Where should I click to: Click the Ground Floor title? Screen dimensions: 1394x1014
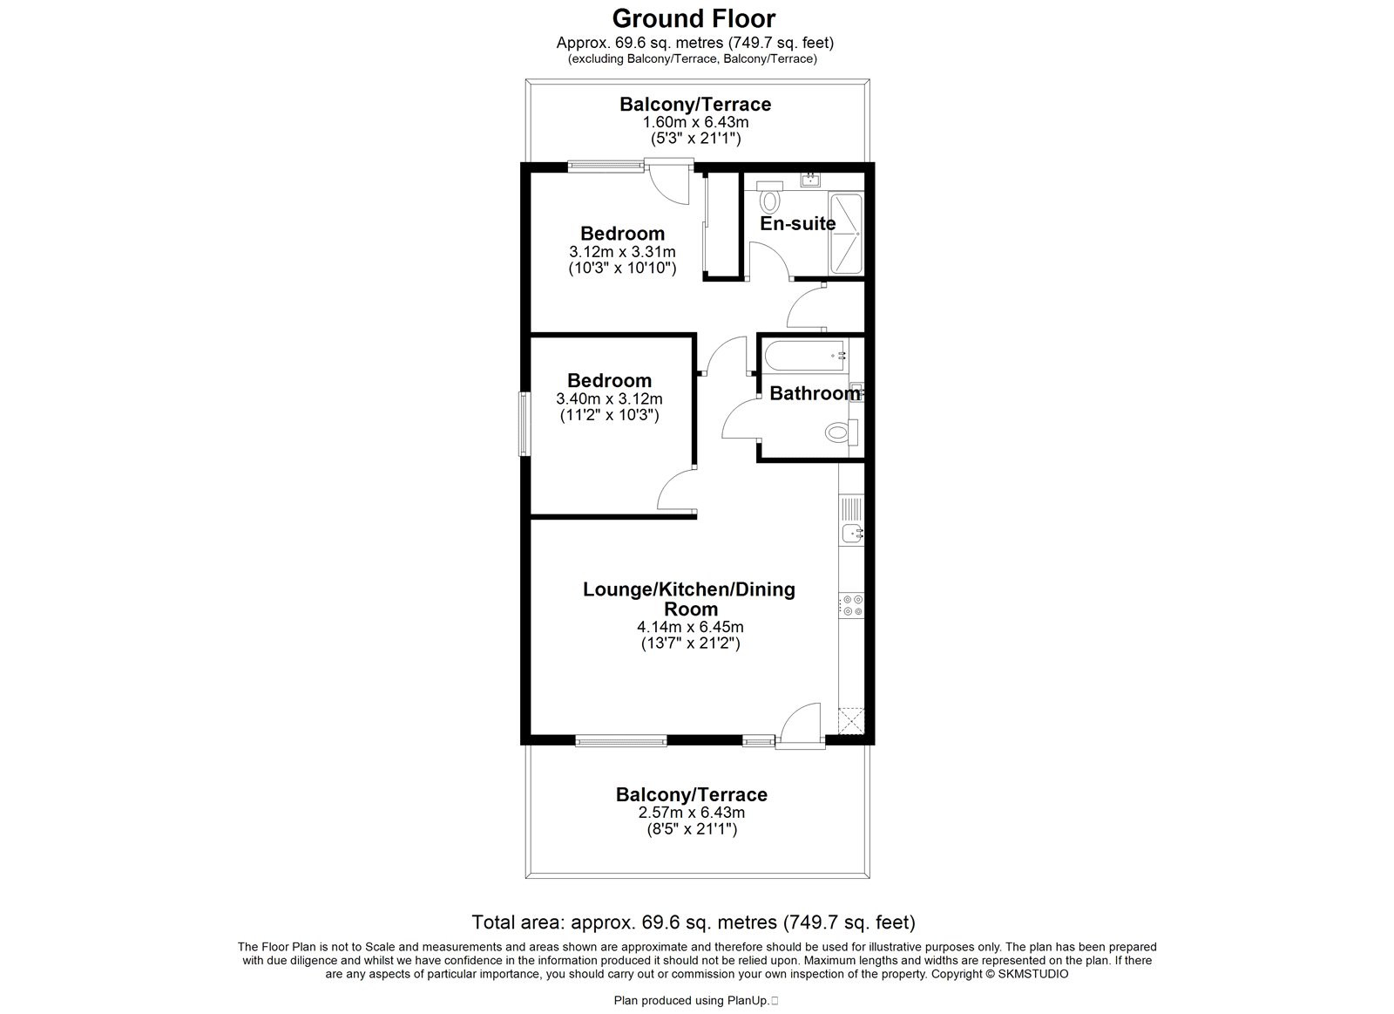coord(694,18)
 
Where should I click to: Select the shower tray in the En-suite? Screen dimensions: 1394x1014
coord(846,234)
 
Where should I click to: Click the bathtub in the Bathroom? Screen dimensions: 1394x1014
coord(806,356)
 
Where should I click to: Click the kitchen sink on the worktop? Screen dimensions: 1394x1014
coord(851,534)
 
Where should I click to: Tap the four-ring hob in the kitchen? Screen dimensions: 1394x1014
coord(852,605)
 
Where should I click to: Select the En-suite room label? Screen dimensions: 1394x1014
coord(798,223)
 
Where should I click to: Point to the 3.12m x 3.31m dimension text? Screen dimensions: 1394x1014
coord(622,252)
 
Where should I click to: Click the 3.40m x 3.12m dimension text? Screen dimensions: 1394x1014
coord(609,398)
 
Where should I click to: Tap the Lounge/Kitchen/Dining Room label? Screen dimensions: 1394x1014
coord(689,599)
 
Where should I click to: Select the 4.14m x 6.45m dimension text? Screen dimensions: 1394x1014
coord(690,627)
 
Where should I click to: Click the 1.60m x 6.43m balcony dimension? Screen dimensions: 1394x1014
coord(696,121)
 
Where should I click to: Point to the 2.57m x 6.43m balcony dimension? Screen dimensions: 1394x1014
coord(692,813)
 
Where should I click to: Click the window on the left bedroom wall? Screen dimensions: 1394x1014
coord(524,424)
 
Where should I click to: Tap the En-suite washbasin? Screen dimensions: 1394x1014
coord(810,180)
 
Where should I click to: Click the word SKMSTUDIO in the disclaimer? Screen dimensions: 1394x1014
coord(1033,974)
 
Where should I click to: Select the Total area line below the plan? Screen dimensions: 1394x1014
coord(694,922)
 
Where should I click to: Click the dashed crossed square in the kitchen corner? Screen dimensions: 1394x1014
coord(851,721)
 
